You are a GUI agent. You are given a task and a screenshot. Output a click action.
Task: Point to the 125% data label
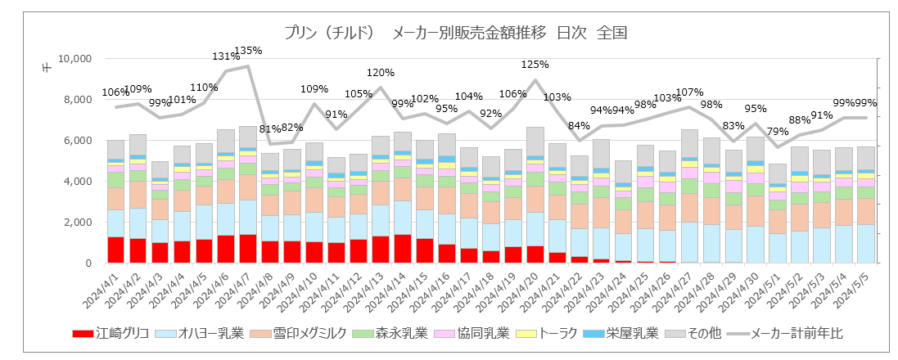tap(535, 65)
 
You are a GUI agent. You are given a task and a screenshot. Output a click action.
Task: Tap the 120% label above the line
tap(381, 73)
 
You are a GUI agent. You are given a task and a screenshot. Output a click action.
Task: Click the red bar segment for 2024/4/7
tap(247, 249)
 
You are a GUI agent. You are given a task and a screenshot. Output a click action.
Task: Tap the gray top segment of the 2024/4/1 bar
tap(115, 150)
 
